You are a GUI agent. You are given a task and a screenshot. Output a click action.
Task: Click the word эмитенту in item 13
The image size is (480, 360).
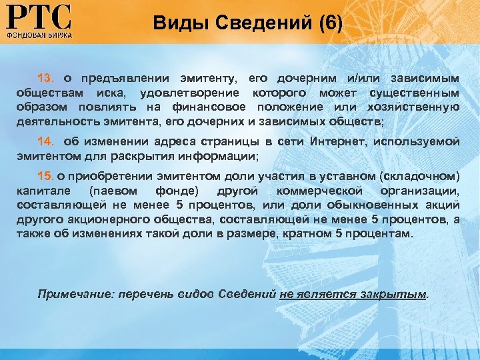pyautogui.click(x=205, y=78)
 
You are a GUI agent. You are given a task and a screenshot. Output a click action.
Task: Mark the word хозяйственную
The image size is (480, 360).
pyautogui.click(x=420, y=107)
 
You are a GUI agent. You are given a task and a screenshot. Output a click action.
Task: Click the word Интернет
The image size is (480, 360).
pyautogui.click(x=337, y=142)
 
